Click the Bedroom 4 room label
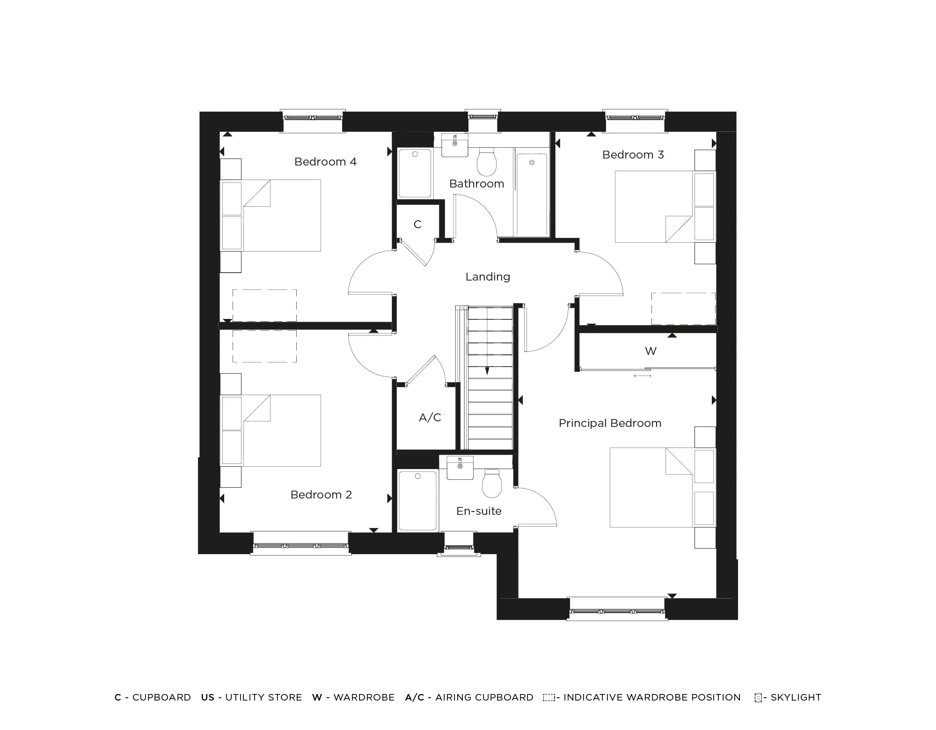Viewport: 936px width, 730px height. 325,162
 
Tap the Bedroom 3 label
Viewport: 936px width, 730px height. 633,155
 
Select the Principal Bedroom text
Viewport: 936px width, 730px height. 610,423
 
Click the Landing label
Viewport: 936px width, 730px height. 488,277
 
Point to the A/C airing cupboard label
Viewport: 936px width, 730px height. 430,418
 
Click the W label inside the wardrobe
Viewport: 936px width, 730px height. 651,351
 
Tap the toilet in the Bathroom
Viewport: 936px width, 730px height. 487,162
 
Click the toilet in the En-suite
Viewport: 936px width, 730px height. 492,484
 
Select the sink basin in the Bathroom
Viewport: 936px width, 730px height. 455,145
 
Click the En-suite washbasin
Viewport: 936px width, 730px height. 460,468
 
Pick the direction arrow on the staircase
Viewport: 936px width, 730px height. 487,371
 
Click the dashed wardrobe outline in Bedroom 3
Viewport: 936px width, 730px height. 683,309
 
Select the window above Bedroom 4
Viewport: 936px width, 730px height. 312,117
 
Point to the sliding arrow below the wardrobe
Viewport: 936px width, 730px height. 642,376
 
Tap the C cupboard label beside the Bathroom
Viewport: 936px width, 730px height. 417,225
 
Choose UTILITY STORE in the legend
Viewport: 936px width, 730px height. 263,697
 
